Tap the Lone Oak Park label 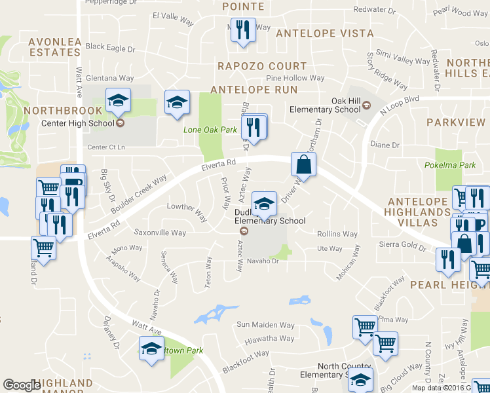click(x=210, y=130)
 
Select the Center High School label click(x=78, y=122)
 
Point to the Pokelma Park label click(x=450, y=165)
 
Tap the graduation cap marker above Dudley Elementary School click(x=264, y=203)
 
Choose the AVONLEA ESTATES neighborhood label click(x=55, y=47)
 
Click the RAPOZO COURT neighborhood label click(x=262, y=66)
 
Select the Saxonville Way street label click(x=160, y=233)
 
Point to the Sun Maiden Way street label click(x=265, y=324)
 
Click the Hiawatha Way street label click(x=269, y=339)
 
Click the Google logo click(x=22, y=385)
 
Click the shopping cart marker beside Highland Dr click(x=43, y=248)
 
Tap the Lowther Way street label click(x=187, y=208)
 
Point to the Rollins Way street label click(x=337, y=234)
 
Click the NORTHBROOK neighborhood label click(x=63, y=111)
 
